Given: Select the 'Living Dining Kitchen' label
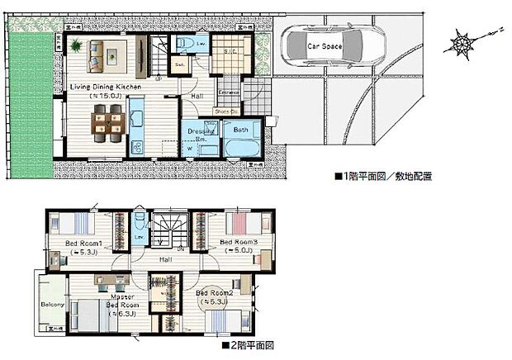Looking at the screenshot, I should [105, 86].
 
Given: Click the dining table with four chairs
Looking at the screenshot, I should [109, 124].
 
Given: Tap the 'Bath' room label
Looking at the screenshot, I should [241, 130].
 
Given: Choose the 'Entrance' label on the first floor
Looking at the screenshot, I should [229, 92].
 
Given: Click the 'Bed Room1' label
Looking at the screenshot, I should [83, 243].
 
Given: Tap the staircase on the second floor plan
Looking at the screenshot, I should [168, 229].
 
